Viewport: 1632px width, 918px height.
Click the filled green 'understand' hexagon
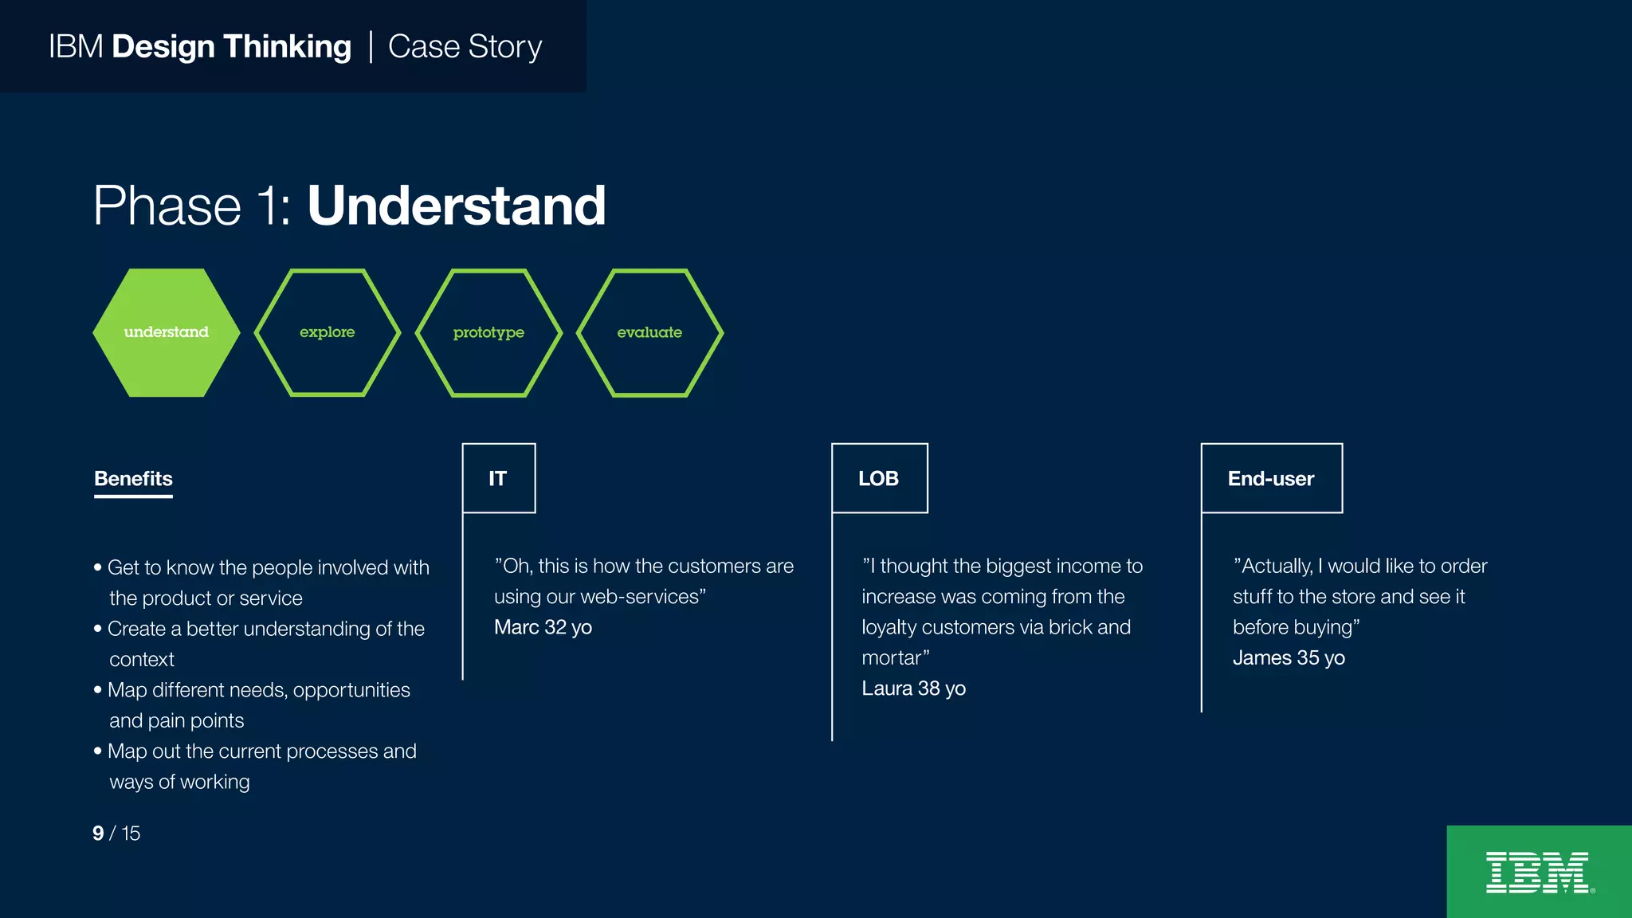(166, 332)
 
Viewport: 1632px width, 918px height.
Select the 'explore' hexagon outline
(327, 332)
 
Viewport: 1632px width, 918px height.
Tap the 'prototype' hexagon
(488, 332)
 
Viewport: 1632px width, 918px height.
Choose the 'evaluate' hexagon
(649, 332)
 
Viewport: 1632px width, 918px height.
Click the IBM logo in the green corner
(1538, 873)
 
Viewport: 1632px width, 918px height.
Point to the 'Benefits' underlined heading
(133, 479)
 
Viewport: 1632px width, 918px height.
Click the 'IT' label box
(498, 478)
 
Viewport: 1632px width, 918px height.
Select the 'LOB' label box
(879, 478)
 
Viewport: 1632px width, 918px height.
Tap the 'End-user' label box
(1271, 478)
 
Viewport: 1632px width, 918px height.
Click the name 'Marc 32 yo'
(543, 627)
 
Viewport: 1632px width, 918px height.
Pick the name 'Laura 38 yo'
(913, 688)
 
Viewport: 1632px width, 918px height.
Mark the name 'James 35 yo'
(1289, 658)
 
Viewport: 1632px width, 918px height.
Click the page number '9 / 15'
(116, 834)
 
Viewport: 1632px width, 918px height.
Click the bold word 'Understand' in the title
(457, 206)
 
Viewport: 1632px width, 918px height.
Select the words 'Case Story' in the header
(465, 47)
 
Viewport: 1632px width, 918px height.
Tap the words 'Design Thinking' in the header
(231, 47)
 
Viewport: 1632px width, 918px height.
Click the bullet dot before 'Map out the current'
(98, 751)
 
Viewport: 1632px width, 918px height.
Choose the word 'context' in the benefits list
(142, 660)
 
